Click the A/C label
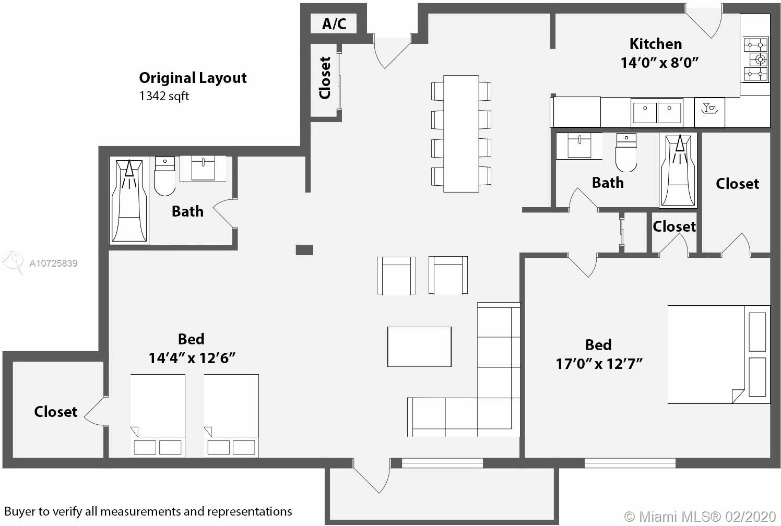pyautogui.click(x=334, y=23)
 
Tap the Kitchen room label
pyautogui.click(x=656, y=44)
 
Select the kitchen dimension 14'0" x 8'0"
pyautogui.click(x=660, y=63)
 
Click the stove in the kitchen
pyautogui.click(x=756, y=59)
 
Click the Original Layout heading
pyautogui.click(x=193, y=78)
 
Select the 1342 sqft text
pyautogui.click(x=164, y=96)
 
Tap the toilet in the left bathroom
pyautogui.click(x=164, y=176)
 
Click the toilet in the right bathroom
pyautogui.click(x=626, y=152)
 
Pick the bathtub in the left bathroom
pyautogui.click(x=129, y=200)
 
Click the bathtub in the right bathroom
pyautogui.click(x=678, y=171)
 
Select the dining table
pyautogui.click(x=461, y=134)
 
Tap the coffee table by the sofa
pyautogui.click(x=419, y=346)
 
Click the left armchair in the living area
pyautogui.click(x=396, y=276)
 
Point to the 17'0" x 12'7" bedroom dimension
pyautogui.click(x=599, y=364)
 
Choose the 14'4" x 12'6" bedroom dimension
pyautogui.click(x=192, y=358)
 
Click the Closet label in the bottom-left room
pyautogui.click(x=56, y=412)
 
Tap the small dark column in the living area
pyautogui.click(x=304, y=249)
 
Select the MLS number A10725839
pyautogui.click(x=53, y=263)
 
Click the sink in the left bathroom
pyautogui.click(x=203, y=169)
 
